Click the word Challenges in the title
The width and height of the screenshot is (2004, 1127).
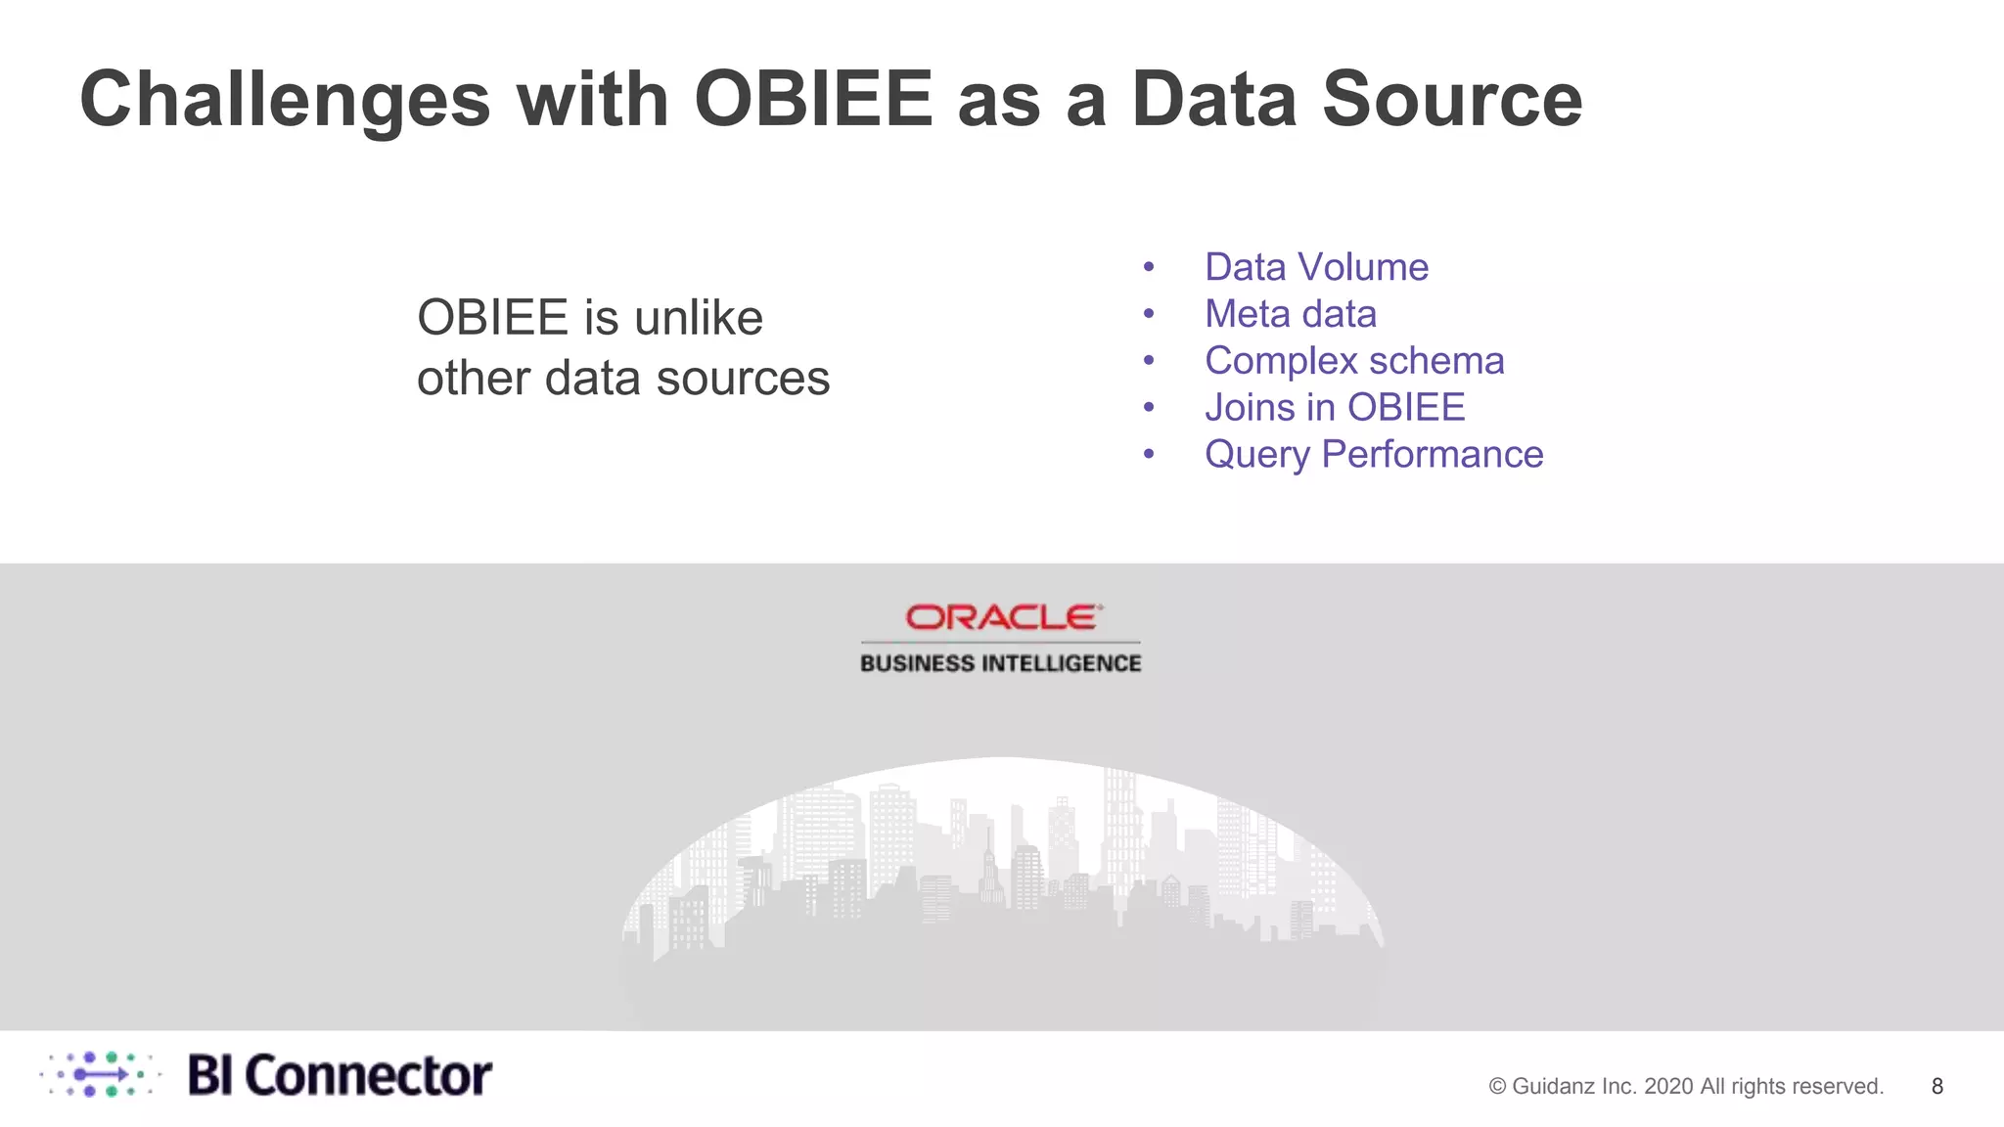pyautogui.click(x=284, y=100)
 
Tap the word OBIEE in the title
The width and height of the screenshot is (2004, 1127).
pyautogui.click(x=813, y=100)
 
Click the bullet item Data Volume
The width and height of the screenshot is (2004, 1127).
pyautogui.click(x=1315, y=267)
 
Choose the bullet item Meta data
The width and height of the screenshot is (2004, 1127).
pyautogui.click(x=1290, y=314)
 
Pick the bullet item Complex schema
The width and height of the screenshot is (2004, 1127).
pyautogui.click(x=1353, y=361)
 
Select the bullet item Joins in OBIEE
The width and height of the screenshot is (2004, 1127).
pyautogui.click(x=1334, y=408)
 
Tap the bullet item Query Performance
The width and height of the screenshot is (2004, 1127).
pyautogui.click(x=1373, y=455)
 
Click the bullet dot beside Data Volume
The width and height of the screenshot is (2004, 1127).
pyautogui.click(x=1149, y=267)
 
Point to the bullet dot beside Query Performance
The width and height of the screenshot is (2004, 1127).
pyautogui.click(x=1149, y=455)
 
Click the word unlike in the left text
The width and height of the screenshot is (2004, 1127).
pyautogui.click(x=698, y=318)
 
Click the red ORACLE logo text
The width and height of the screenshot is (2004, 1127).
pyautogui.click(x=1001, y=617)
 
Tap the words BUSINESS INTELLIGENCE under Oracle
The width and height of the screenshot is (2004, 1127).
pyautogui.click(x=1000, y=663)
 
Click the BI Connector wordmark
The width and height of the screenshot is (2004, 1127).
pyautogui.click(x=339, y=1075)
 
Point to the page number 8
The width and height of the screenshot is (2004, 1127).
pyautogui.click(x=1936, y=1086)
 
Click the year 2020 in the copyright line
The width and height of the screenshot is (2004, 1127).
pyautogui.click(x=1669, y=1086)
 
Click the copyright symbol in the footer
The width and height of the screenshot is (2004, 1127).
pyautogui.click(x=1497, y=1086)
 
